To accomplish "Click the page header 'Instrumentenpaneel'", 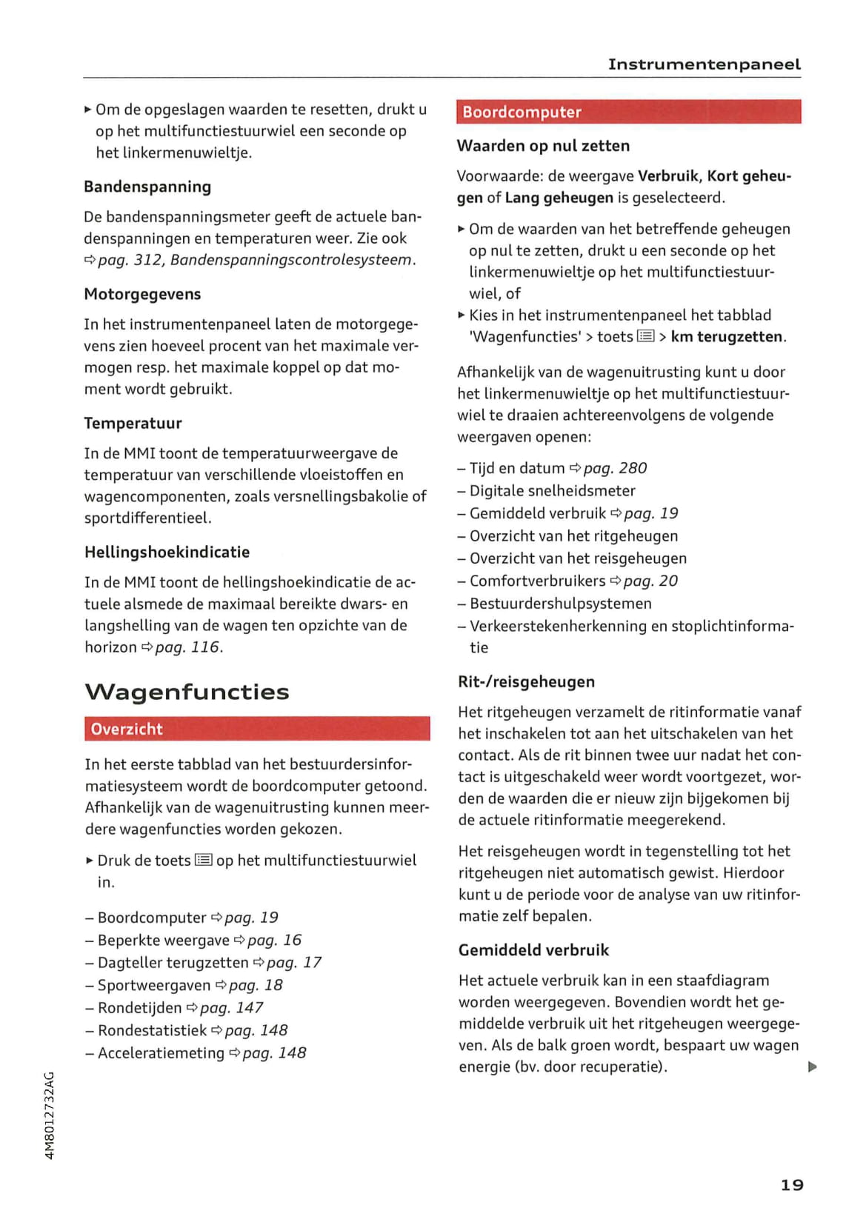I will (x=704, y=64).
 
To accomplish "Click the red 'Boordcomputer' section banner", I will (x=628, y=112).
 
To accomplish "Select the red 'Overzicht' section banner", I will (x=257, y=729).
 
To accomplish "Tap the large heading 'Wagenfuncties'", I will (x=187, y=692).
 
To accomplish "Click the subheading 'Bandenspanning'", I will (x=147, y=187).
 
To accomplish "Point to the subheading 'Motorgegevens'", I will (x=142, y=294).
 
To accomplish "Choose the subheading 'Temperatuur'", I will (x=133, y=423).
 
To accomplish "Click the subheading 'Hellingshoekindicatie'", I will (x=167, y=552).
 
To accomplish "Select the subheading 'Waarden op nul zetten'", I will (x=543, y=146).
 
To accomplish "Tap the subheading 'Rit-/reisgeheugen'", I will (x=526, y=681).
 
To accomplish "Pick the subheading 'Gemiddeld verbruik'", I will (x=533, y=949).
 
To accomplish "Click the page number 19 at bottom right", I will (x=792, y=1185).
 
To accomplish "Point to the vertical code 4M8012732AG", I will (x=50, y=1115).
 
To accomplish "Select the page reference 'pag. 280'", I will (x=615, y=468).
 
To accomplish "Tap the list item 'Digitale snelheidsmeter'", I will (x=552, y=490).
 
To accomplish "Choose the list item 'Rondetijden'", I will (x=140, y=1007).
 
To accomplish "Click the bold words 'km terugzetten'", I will (x=726, y=336).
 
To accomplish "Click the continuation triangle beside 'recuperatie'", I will (x=813, y=1067).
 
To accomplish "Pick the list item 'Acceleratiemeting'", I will (x=161, y=1052).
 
